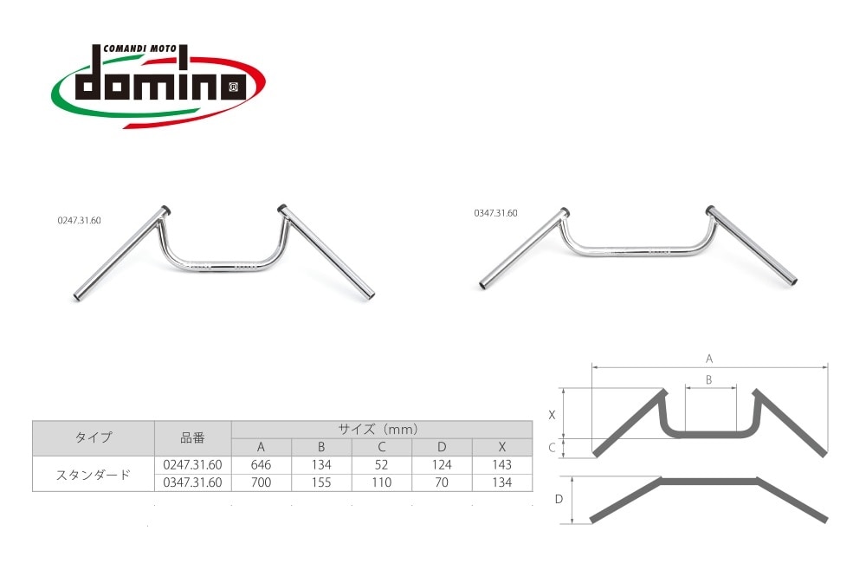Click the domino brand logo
pyautogui.click(x=158, y=85)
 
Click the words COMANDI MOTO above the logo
pyautogui.click(x=139, y=49)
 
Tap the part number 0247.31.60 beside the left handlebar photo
pyautogui.click(x=79, y=220)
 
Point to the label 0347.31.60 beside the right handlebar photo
pyautogui.click(x=495, y=213)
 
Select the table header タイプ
pyautogui.click(x=94, y=437)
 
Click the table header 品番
pyautogui.click(x=193, y=438)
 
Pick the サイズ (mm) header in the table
pyautogui.click(x=378, y=429)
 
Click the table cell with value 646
pyautogui.click(x=262, y=465)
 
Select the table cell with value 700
pyautogui.click(x=262, y=482)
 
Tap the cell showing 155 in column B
pyautogui.click(x=321, y=482)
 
